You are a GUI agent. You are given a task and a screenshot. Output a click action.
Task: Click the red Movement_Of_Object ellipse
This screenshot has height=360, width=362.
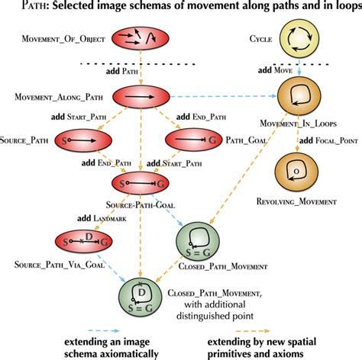140,38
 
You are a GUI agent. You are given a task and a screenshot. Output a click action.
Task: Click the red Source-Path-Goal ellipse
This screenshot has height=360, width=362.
139,185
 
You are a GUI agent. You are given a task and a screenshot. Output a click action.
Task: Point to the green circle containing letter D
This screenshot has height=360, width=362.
141,296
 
